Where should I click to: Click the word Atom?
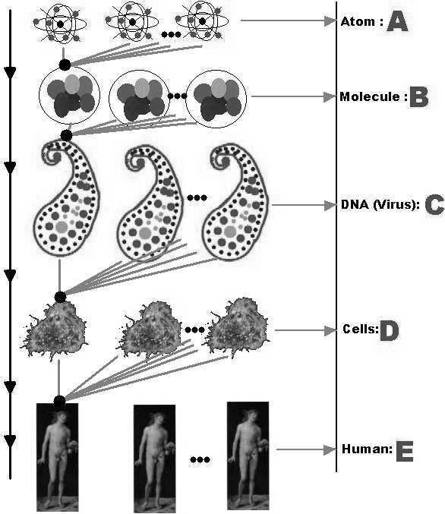358,21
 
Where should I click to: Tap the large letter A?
397,22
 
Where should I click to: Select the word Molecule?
370,96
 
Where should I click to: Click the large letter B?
418,97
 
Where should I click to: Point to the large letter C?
434,205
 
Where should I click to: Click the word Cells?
359,329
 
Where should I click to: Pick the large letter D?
390,330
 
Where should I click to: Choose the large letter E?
405,452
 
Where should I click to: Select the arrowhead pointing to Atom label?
330,20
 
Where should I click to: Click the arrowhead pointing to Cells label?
330,331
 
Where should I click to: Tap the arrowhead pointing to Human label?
330,449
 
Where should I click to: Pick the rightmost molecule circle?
216,99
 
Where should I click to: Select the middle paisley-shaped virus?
150,203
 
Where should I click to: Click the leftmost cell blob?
54,330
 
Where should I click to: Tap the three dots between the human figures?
200,459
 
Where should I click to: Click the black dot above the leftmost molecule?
65,65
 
